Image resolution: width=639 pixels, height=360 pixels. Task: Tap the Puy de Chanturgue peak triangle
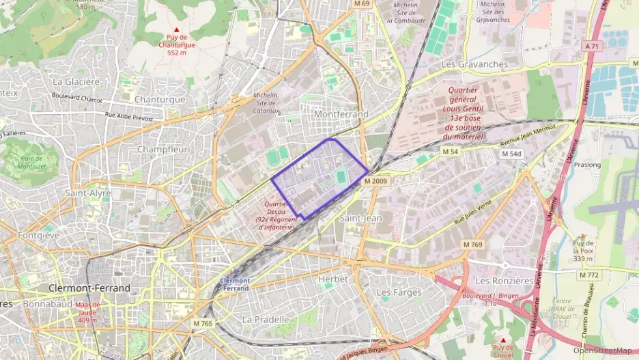coord(177,30)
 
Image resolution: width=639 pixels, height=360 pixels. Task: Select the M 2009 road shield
coord(375,181)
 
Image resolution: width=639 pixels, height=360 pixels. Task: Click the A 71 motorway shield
coord(591,46)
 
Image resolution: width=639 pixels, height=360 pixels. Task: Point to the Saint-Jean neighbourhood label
coord(360,217)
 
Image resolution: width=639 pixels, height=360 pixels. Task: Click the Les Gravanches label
coord(474,64)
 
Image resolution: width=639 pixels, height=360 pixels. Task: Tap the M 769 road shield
coord(472,245)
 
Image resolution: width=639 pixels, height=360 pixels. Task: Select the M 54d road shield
coord(511,154)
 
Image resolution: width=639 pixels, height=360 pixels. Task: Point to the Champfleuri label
coord(163,149)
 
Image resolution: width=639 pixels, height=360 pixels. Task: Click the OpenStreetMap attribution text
coord(602,350)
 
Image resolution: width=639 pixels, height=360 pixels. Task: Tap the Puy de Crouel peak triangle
coord(503,340)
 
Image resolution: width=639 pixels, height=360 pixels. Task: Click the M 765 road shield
coord(203,323)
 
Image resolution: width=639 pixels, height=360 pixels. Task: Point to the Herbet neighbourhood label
coord(333,279)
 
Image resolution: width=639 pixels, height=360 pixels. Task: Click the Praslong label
coord(587,165)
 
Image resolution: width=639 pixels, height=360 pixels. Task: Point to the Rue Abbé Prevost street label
coord(119,117)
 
